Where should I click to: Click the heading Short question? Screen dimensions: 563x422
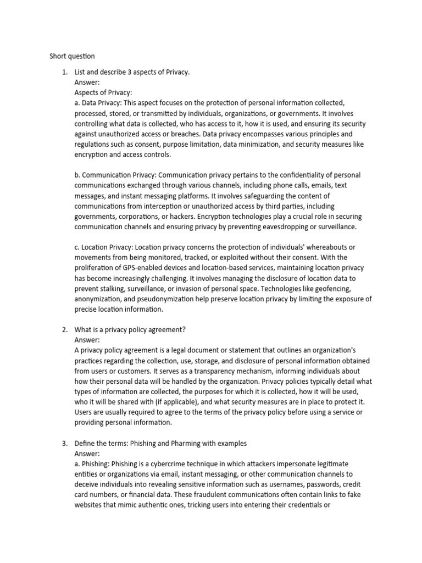click(x=72, y=56)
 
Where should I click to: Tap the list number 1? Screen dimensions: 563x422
click(x=64, y=72)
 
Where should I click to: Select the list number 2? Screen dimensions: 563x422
click(x=64, y=329)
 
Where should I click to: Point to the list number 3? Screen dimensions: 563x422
click(x=64, y=443)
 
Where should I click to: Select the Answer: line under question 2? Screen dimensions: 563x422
click(x=87, y=340)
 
